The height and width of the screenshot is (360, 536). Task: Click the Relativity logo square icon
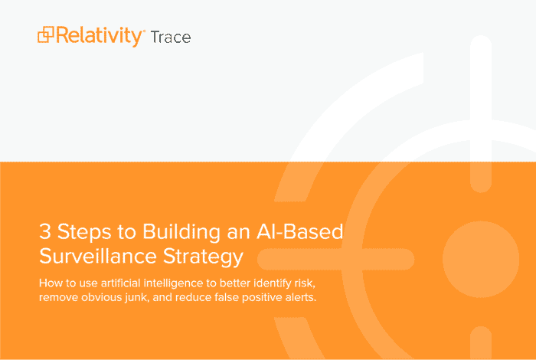pos(46,34)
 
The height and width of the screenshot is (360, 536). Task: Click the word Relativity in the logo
pos(99,36)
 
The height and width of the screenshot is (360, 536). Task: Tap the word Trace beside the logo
pos(171,38)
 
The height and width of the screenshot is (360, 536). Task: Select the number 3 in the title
pos(45,231)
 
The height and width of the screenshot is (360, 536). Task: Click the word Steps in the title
pos(84,233)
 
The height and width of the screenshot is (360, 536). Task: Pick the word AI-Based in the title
pos(300,231)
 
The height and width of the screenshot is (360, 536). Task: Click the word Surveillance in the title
pos(98,256)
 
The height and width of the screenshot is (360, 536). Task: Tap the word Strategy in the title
pos(203,257)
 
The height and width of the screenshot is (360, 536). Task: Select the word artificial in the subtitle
pos(121,283)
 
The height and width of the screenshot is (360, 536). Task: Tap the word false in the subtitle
pos(227,297)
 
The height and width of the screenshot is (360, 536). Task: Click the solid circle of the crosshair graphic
pos(481,259)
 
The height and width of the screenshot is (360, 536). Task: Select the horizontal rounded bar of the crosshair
pos(335,259)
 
